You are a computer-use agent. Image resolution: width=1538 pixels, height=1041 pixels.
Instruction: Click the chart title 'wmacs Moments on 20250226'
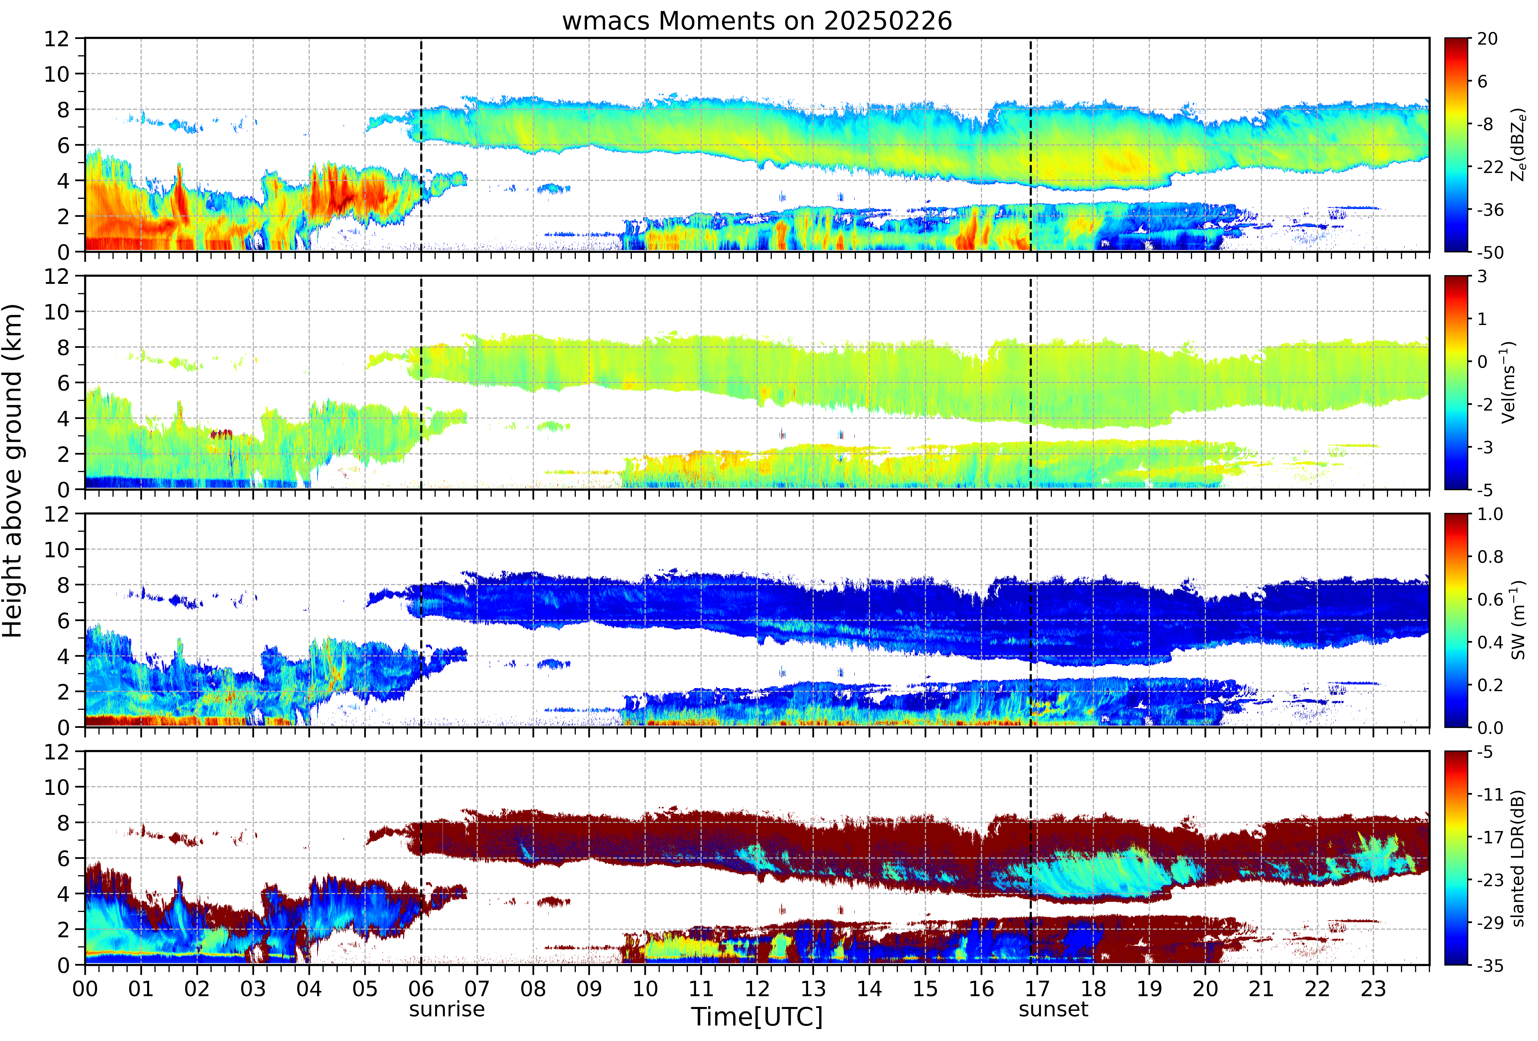[x=757, y=21]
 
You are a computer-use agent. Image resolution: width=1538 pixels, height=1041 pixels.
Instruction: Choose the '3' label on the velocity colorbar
[x=1482, y=277]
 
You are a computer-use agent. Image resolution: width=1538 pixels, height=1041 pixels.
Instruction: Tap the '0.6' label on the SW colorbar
[x=1490, y=600]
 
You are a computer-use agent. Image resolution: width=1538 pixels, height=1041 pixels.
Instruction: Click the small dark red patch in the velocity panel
[x=222, y=434]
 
